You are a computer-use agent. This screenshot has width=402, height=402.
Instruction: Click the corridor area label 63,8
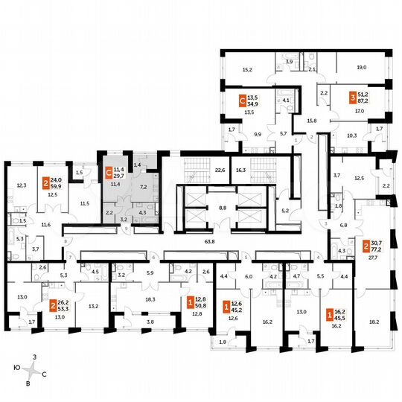point(200,242)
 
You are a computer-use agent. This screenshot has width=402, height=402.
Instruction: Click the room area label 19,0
point(363,67)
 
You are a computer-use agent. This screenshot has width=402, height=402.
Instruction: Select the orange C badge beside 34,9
point(241,100)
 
